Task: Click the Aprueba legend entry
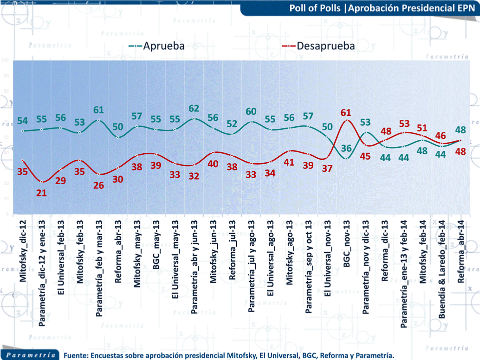[x=157, y=46]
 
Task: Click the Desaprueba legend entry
[x=319, y=46]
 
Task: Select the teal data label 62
[x=194, y=108]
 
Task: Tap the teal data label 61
[x=99, y=110]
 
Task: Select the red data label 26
[x=99, y=184]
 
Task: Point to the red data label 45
[x=366, y=156]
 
